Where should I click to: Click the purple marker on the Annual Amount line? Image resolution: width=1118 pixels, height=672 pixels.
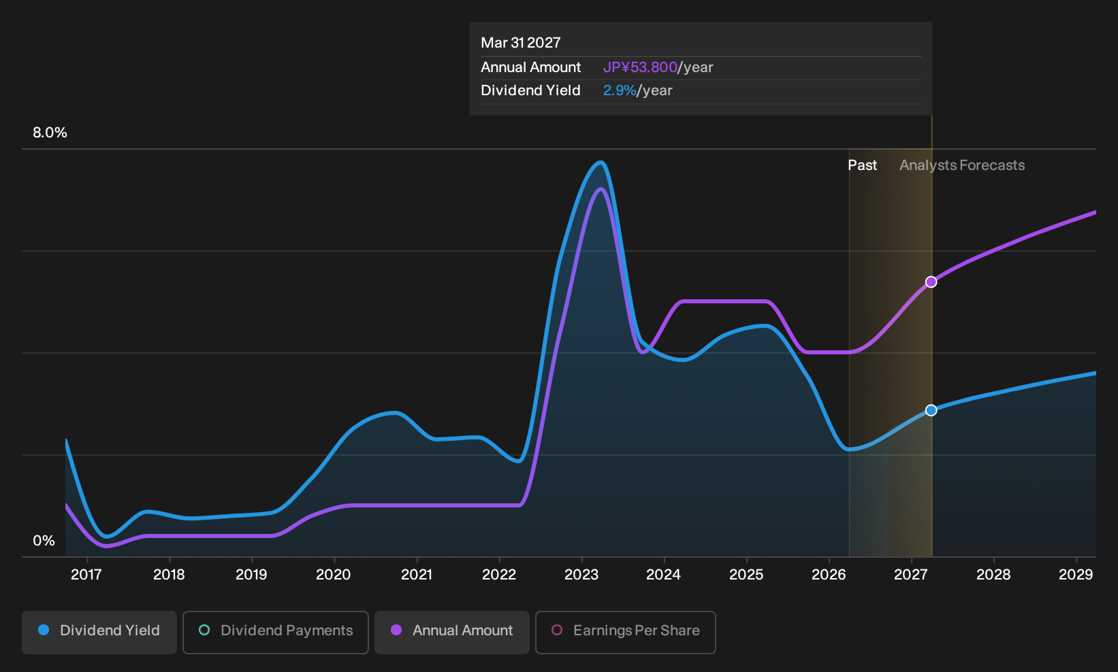point(931,282)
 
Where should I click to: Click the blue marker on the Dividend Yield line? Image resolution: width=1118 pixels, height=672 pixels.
point(931,410)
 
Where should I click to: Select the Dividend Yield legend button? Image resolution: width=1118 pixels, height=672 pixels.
point(99,632)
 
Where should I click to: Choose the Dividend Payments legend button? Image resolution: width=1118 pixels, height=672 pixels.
point(276,632)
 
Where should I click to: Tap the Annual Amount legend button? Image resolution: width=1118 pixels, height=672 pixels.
point(451,632)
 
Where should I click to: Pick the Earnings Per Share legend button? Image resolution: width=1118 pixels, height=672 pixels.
point(625,632)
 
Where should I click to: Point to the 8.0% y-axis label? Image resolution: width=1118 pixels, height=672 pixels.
point(50,133)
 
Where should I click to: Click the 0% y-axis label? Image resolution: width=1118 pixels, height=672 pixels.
point(44,541)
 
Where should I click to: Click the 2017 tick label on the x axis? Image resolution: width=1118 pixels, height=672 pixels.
point(86,574)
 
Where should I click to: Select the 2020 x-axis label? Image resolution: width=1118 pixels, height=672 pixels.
point(334,574)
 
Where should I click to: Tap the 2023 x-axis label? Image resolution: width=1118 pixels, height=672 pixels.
point(581,574)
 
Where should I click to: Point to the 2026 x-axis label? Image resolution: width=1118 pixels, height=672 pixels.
point(829,574)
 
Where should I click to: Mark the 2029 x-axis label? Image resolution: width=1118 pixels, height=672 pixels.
point(1076,574)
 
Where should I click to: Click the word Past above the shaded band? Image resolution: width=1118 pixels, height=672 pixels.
point(863,165)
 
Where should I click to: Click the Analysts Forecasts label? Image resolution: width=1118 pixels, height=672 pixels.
point(962,165)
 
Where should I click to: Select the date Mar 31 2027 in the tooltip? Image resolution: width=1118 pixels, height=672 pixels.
point(521,43)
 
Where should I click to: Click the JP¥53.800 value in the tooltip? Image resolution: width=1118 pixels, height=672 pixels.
point(640,67)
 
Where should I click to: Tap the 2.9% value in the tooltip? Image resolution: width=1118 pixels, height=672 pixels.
point(620,90)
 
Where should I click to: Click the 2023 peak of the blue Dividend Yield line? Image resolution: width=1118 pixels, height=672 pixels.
point(601,162)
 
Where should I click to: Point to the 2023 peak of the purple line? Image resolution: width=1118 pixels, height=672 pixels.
point(601,189)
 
